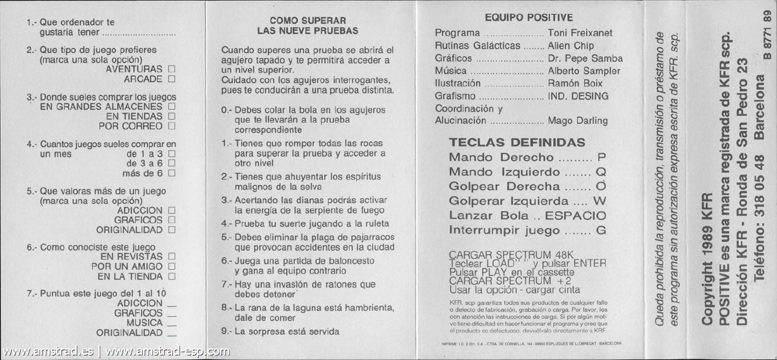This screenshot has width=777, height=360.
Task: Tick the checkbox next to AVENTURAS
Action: pos(171,68)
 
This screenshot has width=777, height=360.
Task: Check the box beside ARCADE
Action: pos(171,79)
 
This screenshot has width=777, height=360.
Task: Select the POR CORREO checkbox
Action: pos(171,126)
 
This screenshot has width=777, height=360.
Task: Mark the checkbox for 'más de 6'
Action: pos(171,173)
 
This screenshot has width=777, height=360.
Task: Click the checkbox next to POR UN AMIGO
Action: pos(171,266)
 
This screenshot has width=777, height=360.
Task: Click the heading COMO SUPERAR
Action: pos(307,21)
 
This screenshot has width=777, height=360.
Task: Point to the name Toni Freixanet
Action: pos(580,33)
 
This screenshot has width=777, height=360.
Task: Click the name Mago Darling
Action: pos(578,121)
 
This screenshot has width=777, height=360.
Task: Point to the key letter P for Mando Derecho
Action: pos(601,157)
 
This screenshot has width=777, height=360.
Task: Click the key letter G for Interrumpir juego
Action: pos(601,230)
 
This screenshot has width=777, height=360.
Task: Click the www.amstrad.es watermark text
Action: pos(48,352)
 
